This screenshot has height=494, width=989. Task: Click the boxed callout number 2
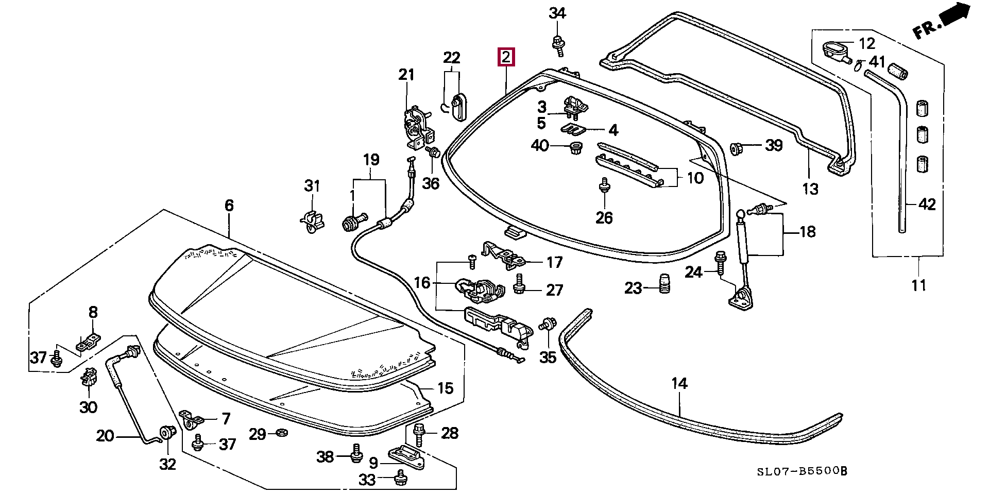click(x=506, y=57)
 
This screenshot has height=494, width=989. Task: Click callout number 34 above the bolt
click(x=557, y=13)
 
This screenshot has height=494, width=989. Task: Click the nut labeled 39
click(x=737, y=148)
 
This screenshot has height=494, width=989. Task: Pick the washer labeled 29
click(x=281, y=432)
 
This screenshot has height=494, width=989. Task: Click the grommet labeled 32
click(x=167, y=434)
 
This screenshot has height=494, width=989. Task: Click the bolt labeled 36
click(x=433, y=153)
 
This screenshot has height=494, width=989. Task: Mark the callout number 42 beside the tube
click(x=927, y=205)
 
